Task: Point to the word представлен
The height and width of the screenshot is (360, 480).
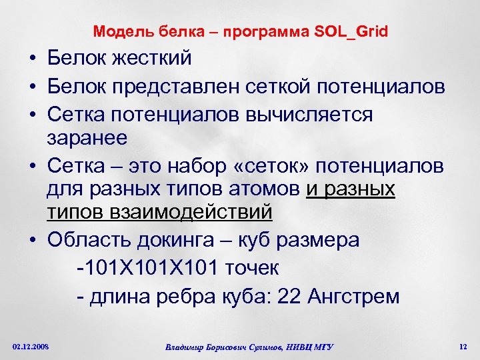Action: click(179, 87)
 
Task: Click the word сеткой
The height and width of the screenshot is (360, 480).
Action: click(280, 87)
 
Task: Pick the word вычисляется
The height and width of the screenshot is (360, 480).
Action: click(320, 115)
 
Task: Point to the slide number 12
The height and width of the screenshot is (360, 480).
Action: click(463, 346)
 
